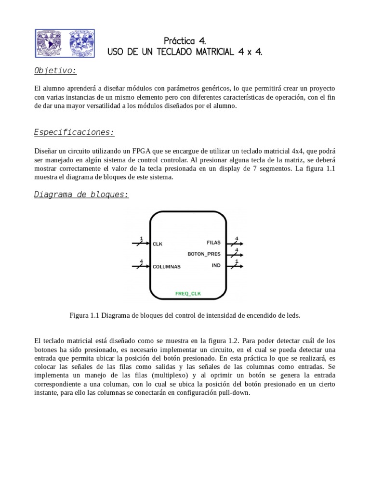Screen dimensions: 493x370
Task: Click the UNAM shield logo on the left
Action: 51,44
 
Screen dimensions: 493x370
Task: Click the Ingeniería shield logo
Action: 81,44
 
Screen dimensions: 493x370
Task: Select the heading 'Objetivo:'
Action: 55,71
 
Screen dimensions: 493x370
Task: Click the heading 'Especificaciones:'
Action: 74,132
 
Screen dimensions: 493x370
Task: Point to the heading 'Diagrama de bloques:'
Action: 81,195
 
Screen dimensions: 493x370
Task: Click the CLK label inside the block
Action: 158,244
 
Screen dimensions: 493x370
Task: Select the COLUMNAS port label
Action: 166,266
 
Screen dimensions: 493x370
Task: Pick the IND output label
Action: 216,265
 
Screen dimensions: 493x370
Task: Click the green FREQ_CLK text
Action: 188,293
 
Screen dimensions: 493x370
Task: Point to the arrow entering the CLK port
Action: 140,244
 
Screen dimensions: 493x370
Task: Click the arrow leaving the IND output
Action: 236,266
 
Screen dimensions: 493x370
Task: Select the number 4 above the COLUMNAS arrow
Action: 141,261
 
